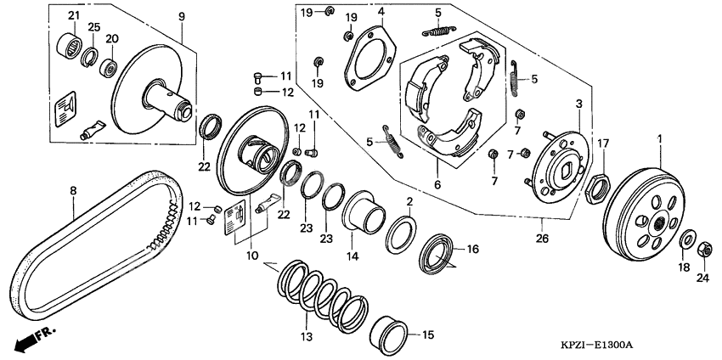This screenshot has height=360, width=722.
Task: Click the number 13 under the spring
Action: point(307,337)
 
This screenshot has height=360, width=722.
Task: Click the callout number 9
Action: point(181,15)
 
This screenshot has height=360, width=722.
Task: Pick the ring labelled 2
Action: point(402,232)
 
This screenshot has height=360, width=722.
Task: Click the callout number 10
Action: point(251,254)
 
